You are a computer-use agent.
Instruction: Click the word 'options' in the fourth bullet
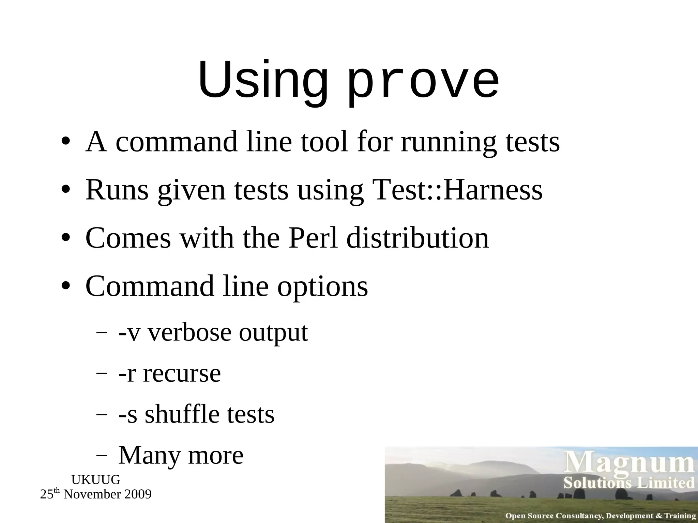tap(322, 287)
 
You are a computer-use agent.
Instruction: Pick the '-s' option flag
tap(127, 415)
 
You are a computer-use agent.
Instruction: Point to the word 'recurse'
tap(182, 374)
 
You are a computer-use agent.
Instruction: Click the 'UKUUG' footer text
tap(96, 480)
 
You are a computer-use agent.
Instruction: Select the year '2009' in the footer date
tap(137, 494)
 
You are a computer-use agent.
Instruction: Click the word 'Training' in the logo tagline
tap(680, 516)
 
